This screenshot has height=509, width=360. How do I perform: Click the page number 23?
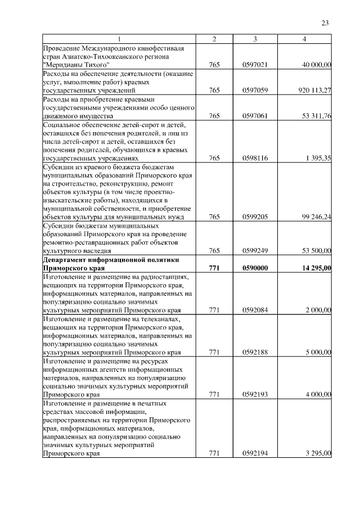pos(325,23)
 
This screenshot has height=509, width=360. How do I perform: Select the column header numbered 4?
pos(304,39)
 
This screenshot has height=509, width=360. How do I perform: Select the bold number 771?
pos(214,268)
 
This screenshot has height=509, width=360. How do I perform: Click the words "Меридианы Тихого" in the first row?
pos(76,65)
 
